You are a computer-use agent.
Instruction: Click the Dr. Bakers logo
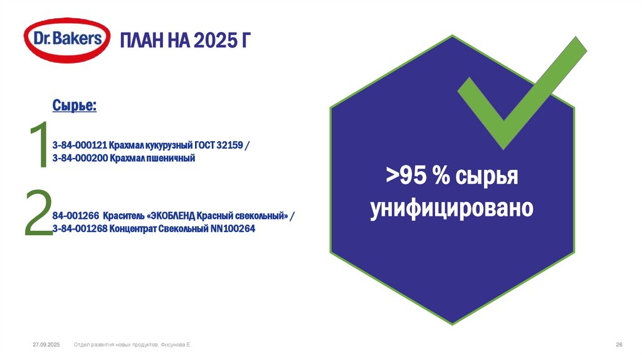tap(63, 40)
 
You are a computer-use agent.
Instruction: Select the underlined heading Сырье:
tap(74, 105)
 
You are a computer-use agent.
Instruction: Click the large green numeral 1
tap(39, 146)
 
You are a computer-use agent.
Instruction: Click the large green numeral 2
tap(38, 214)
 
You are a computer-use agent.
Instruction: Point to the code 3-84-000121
tap(80, 146)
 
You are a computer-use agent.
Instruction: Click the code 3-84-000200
tap(80, 159)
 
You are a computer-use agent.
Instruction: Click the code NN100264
tap(233, 229)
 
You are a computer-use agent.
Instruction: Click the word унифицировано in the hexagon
tap(451, 208)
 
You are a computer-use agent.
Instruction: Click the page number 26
tap(619, 346)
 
